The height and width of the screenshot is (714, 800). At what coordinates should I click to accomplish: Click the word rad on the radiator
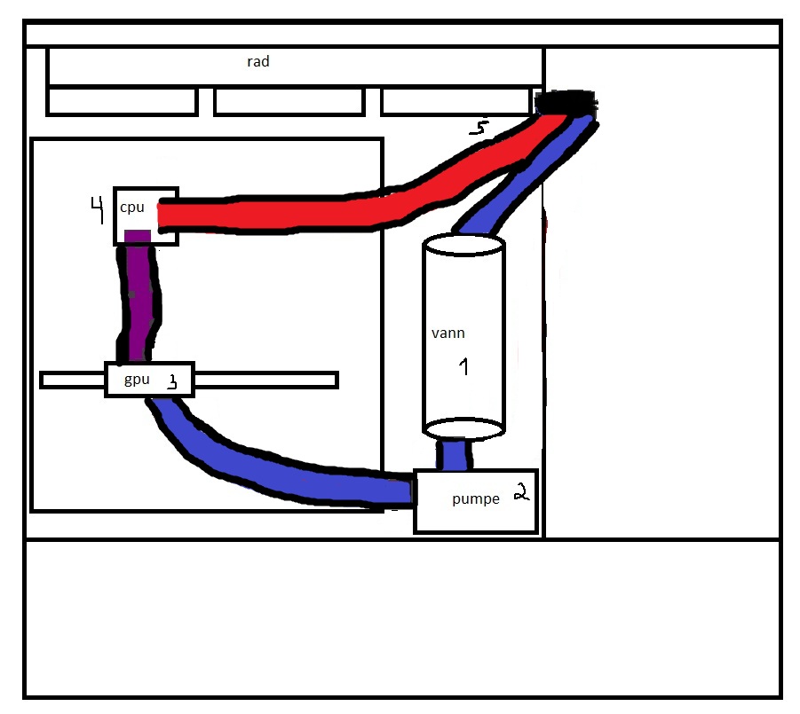pos(258,62)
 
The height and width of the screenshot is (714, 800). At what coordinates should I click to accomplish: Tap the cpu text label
pos(132,208)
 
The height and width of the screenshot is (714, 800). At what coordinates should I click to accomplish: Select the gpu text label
pos(137,380)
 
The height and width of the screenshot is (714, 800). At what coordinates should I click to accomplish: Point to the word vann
pos(448,333)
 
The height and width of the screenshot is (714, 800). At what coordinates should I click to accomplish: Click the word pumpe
pos(476,499)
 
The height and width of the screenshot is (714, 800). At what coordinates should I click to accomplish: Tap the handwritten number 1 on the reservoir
pos(463,366)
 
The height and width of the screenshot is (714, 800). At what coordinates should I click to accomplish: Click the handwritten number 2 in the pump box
pos(521,491)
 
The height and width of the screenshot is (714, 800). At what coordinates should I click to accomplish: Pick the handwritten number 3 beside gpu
pos(173,381)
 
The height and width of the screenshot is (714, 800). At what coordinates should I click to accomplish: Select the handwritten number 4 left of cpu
pos(97,209)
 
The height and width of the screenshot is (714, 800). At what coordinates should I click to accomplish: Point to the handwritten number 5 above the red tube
pos(479,127)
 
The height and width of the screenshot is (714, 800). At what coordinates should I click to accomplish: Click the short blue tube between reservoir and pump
pos(454,454)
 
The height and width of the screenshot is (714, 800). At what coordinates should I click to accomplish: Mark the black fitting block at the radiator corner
pos(566,102)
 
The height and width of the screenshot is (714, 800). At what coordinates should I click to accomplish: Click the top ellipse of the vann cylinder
pos(463,245)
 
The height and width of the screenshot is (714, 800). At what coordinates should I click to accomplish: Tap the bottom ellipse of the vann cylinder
pos(463,428)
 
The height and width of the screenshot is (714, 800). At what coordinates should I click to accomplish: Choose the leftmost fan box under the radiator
pos(122,102)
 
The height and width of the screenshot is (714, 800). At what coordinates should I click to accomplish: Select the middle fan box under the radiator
pos(289,102)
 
